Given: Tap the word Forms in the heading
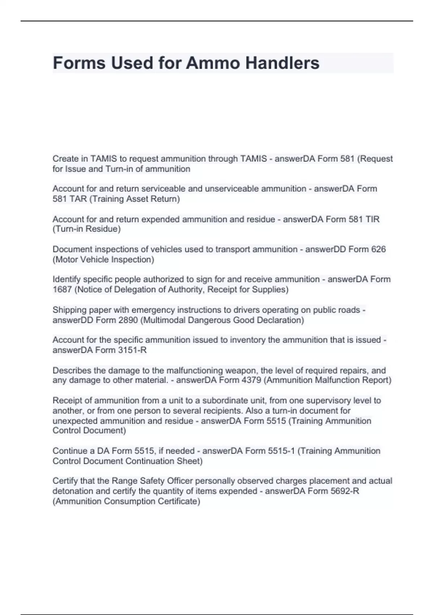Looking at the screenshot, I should [x=79, y=63].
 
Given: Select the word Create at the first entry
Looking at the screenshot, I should [x=65, y=159].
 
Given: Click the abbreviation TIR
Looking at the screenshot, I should [x=373, y=219].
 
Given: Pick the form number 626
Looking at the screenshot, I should [x=378, y=249].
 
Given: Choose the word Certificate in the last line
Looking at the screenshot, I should [x=177, y=501].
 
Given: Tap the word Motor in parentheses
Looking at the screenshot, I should [x=66, y=260].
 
